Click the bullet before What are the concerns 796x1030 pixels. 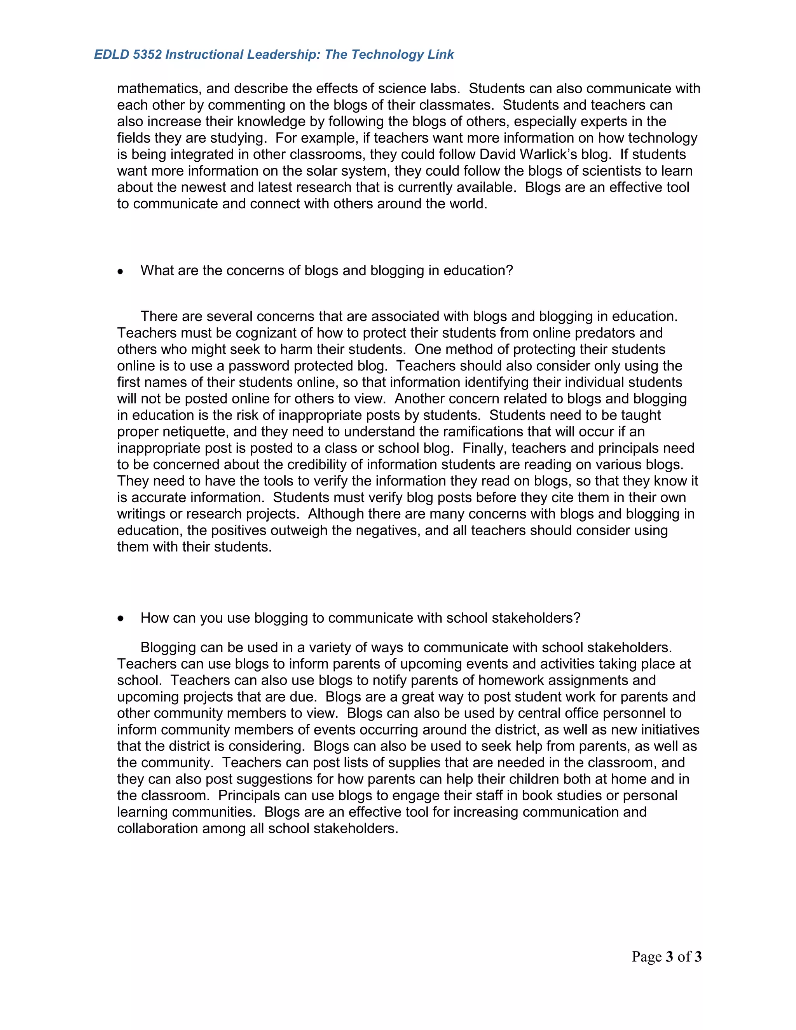(121, 272)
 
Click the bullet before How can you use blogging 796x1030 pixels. (121, 619)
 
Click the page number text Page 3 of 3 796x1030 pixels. (666, 957)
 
